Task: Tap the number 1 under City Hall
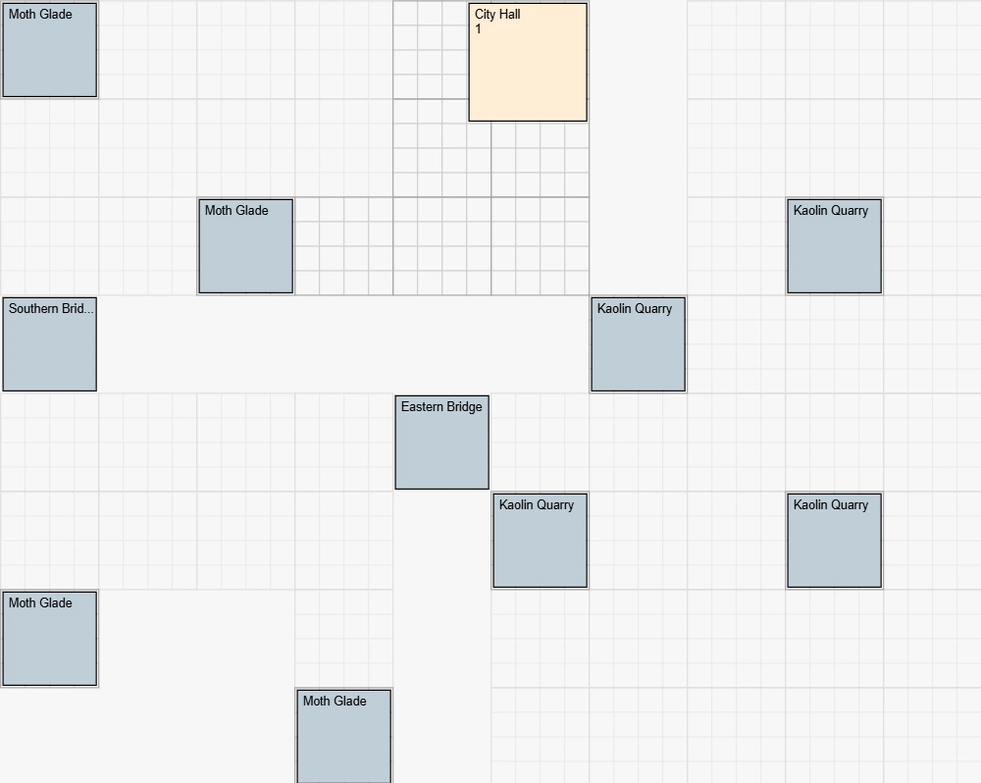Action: point(479,29)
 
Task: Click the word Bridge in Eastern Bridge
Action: point(465,407)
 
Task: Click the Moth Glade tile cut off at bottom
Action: point(343,741)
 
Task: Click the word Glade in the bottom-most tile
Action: point(349,702)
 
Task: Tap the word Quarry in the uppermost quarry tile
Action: point(850,211)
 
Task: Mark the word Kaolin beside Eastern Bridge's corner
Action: point(516,505)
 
